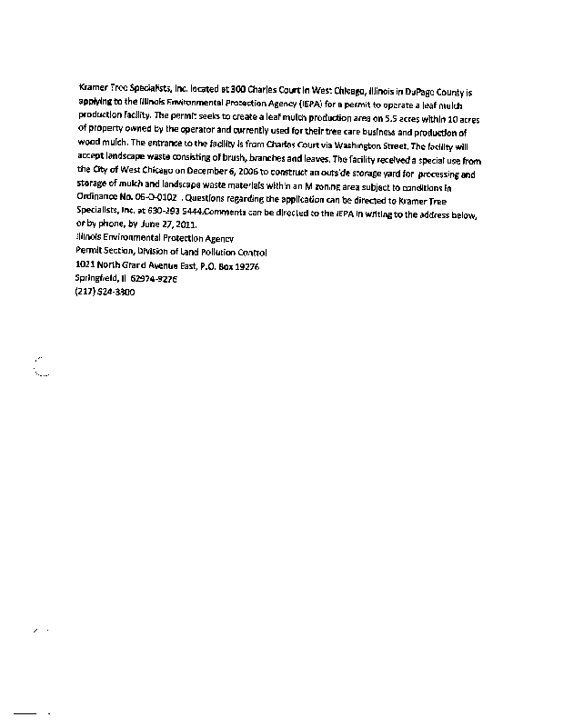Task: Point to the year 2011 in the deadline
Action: coord(178,224)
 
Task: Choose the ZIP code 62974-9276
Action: coord(155,280)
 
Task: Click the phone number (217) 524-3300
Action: coord(105,294)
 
